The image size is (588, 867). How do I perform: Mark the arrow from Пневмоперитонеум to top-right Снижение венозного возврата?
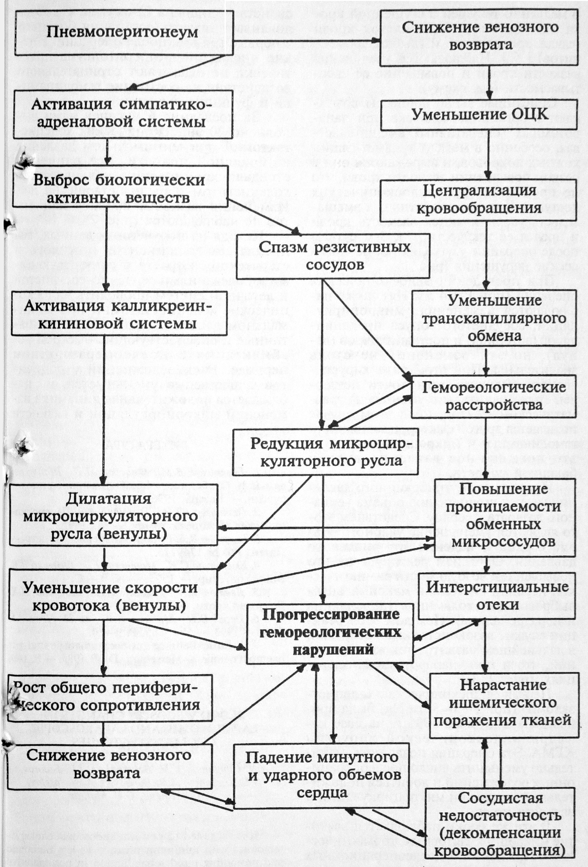(306, 41)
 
